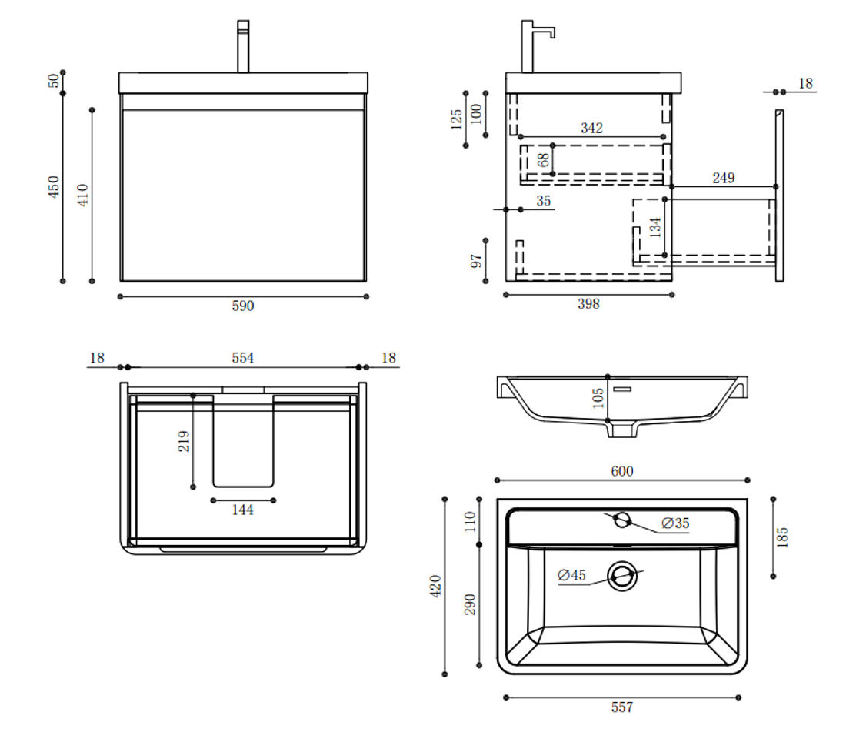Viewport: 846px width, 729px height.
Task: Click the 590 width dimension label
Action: (243, 306)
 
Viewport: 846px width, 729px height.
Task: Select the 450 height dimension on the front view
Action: (54, 186)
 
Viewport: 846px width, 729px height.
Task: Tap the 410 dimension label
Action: (83, 194)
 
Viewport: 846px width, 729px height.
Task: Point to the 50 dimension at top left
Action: (53, 80)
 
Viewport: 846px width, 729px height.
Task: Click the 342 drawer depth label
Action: (591, 128)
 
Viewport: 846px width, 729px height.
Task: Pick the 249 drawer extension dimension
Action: (723, 178)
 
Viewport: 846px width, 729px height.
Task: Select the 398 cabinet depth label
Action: (588, 304)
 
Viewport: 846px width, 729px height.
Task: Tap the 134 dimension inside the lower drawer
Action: (655, 227)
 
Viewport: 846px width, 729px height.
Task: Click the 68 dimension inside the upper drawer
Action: (543, 160)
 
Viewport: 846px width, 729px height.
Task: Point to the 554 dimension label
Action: (243, 358)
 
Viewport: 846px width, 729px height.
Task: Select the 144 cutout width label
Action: (242, 510)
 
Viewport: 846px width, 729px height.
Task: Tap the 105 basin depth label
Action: (598, 398)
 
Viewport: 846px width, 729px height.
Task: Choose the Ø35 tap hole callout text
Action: (676, 523)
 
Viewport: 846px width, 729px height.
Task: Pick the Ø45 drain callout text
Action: (572, 575)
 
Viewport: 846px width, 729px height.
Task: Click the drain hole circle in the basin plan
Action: (622, 576)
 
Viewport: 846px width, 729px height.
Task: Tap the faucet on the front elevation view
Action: (243, 46)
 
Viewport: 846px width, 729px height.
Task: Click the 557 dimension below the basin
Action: (621, 707)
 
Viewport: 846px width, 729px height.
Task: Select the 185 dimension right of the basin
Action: (782, 537)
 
